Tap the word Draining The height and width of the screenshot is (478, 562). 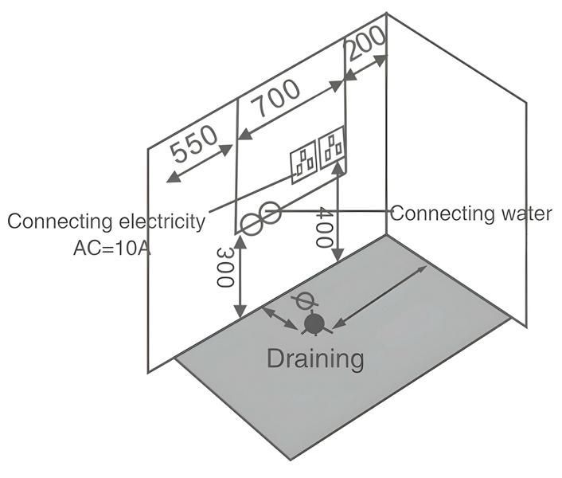(315, 358)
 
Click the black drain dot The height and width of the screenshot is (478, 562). (314, 323)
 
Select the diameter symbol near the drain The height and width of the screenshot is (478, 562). (302, 302)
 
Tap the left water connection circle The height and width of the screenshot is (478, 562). (252, 225)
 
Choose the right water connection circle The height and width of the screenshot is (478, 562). (270, 213)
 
